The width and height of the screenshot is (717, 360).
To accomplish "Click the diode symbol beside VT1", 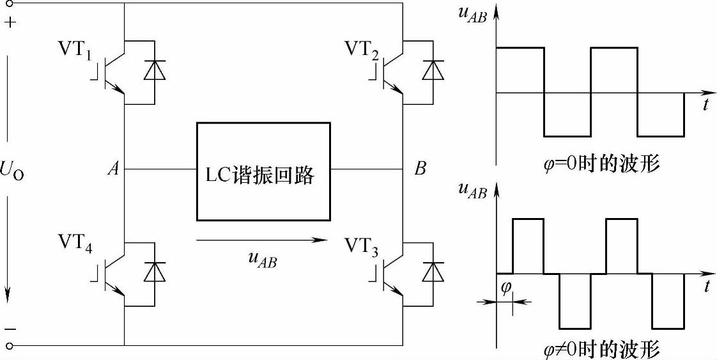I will (x=154, y=70).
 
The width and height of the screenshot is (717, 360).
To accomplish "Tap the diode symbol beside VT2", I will (x=434, y=70).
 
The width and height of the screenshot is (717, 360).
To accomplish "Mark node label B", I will (x=420, y=169).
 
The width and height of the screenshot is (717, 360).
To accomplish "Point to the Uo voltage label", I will (x=13, y=172).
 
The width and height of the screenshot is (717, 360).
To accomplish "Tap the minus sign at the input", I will (x=12, y=328).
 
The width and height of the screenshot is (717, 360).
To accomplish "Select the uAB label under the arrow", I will (x=262, y=260).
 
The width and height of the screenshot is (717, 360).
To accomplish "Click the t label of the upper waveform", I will (x=705, y=106).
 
